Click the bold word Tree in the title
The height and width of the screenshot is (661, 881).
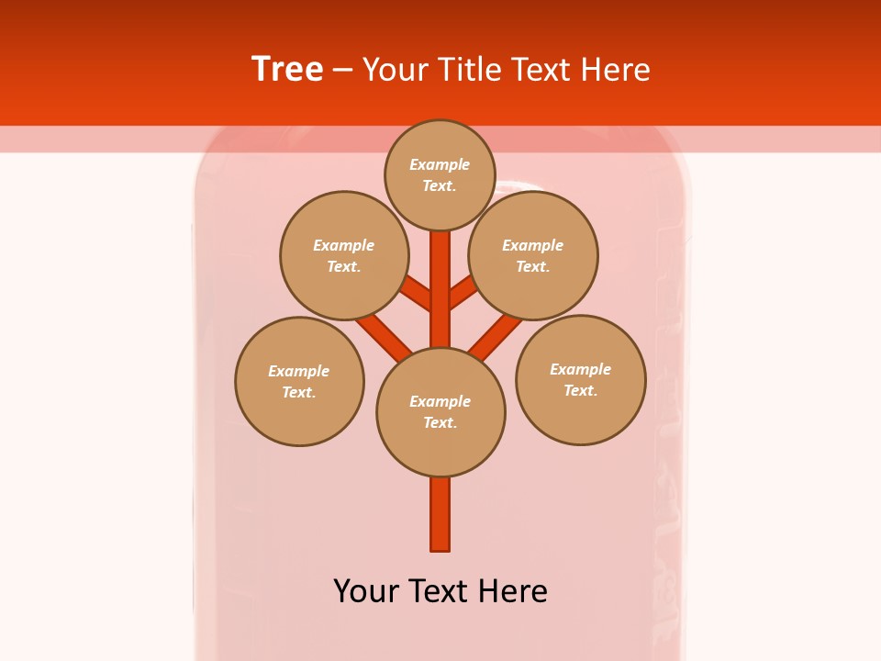(287, 70)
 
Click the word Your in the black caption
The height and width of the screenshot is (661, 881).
(366, 591)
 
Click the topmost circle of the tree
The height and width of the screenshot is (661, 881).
(440, 174)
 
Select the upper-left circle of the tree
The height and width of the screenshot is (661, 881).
(344, 255)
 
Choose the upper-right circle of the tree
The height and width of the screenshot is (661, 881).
(533, 255)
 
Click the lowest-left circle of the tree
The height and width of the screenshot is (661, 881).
(299, 381)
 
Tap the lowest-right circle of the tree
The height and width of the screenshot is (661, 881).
(581, 379)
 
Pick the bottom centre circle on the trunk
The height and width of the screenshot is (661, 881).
(440, 412)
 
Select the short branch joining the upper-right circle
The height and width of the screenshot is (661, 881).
(463, 293)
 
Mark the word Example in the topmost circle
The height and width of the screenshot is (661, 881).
(440, 164)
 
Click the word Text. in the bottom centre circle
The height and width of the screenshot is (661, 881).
(440, 423)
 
